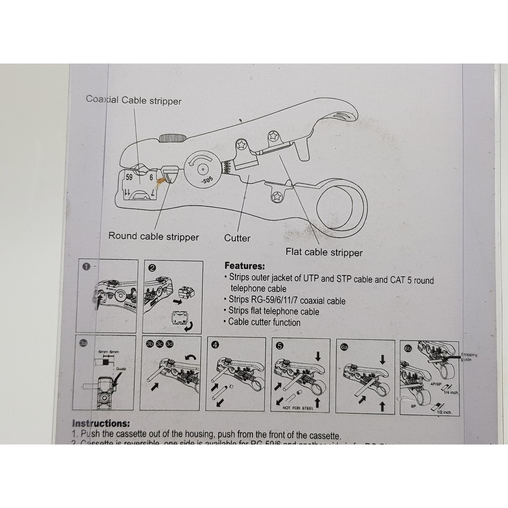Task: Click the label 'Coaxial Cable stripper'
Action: click(x=134, y=101)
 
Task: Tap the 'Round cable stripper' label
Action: click(x=153, y=237)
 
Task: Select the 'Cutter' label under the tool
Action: click(x=237, y=238)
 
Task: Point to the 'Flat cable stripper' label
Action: click(x=323, y=253)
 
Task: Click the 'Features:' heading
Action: click(x=245, y=266)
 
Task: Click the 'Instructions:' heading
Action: click(x=101, y=424)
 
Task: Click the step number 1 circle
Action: click(x=86, y=267)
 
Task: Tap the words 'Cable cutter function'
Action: click(x=264, y=322)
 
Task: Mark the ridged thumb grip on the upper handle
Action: click(x=172, y=137)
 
